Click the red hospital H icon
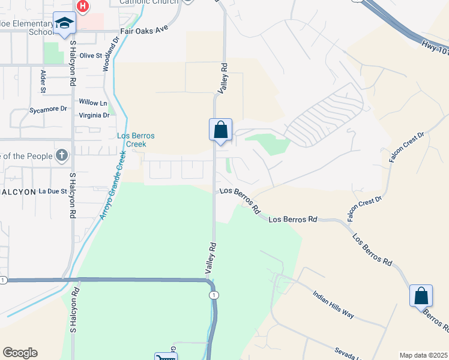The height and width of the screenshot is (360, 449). pyautogui.click(x=83, y=7)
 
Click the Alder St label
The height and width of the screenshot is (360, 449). pyautogui.click(x=43, y=81)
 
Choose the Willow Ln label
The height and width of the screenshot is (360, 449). pyautogui.click(x=92, y=103)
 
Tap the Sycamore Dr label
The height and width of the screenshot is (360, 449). pyautogui.click(x=48, y=110)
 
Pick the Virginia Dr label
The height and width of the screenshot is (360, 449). pyautogui.click(x=94, y=115)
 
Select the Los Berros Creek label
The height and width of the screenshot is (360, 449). pyautogui.click(x=136, y=140)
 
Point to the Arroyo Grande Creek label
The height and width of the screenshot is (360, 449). pyautogui.click(x=112, y=185)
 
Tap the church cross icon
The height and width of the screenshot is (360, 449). pyautogui.click(x=61, y=156)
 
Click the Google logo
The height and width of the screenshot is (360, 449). pyautogui.click(x=20, y=353)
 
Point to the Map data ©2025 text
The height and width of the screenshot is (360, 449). pyautogui.click(x=423, y=355)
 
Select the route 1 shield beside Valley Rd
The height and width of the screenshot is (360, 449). pyautogui.click(x=214, y=295)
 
